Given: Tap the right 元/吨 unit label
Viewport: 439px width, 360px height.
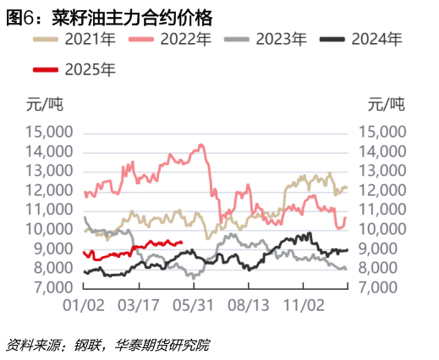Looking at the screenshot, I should (386, 105).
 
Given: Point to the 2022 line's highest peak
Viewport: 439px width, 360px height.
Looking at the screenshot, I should (201, 145).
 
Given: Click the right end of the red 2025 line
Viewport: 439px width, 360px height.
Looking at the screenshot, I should (183, 243).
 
